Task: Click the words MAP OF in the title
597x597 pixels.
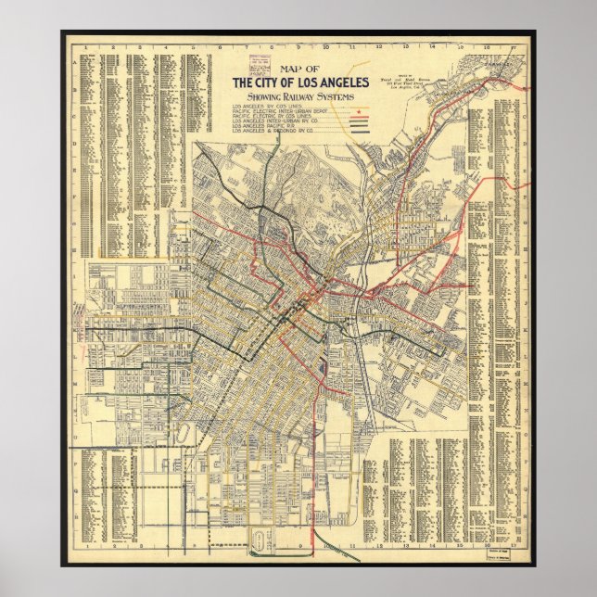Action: point(298,70)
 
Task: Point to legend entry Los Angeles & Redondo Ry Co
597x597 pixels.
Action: point(275,135)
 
